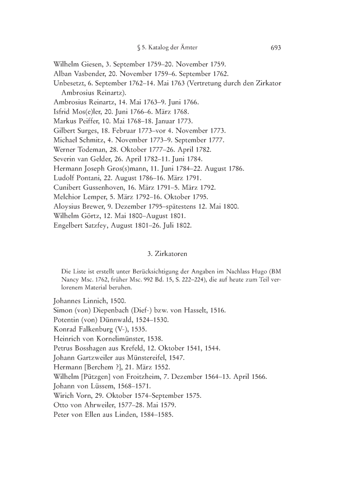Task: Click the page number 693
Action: coord(275,48)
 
